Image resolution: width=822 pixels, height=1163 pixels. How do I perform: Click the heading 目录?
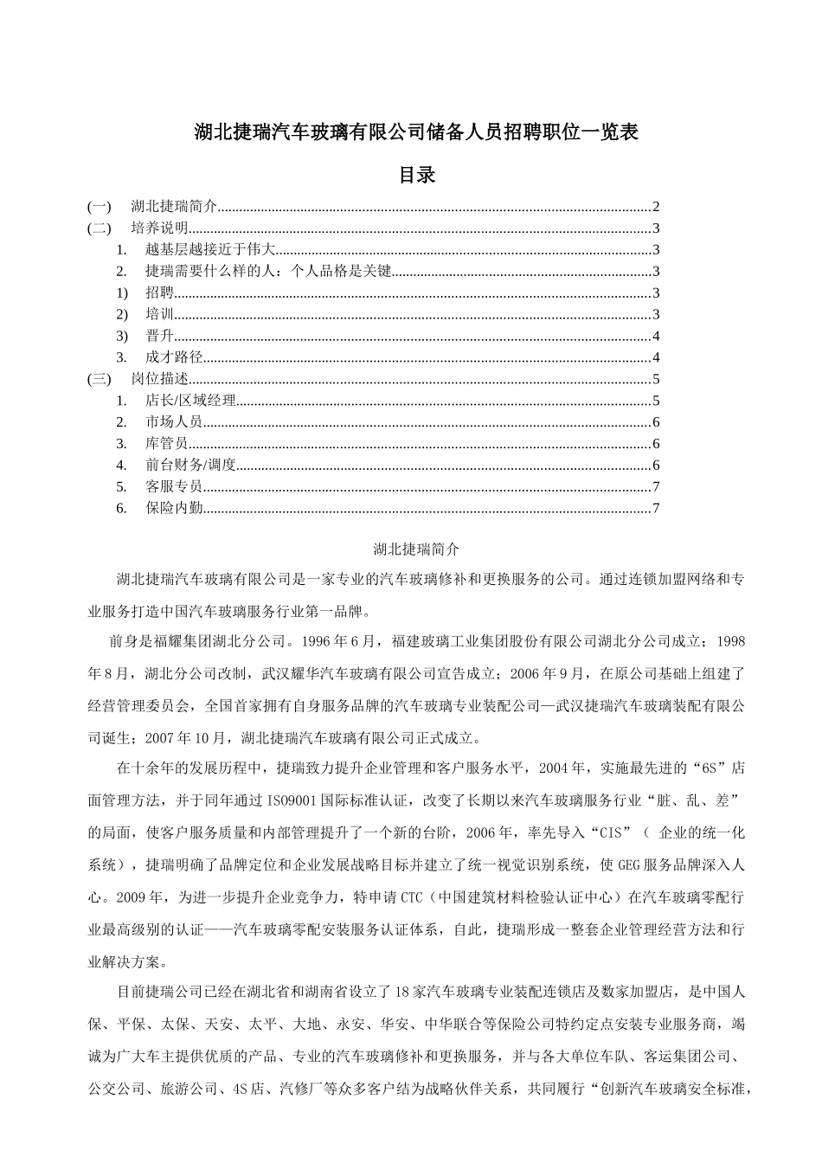point(415,175)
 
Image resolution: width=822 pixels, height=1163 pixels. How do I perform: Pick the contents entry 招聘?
point(159,292)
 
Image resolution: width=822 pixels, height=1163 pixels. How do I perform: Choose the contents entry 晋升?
point(159,336)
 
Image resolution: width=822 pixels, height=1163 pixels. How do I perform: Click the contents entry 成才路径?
point(173,357)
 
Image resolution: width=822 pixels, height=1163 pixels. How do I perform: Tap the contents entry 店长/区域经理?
point(190,401)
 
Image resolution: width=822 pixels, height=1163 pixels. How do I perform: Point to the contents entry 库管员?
point(166,443)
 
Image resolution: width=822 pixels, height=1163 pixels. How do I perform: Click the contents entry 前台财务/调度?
point(190,465)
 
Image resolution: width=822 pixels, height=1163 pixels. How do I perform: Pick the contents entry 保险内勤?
point(173,508)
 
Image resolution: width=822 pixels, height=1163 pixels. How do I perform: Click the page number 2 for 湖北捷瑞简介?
point(657,207)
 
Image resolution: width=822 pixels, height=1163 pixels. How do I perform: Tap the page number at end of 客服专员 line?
point(657,486)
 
